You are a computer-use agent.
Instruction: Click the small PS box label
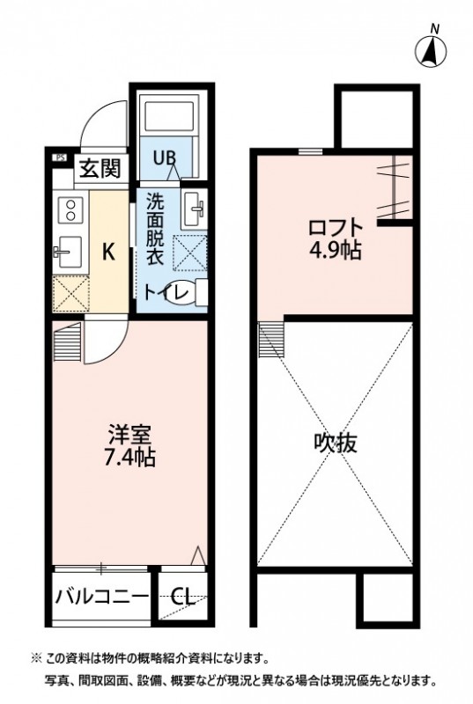[x=59, y=158]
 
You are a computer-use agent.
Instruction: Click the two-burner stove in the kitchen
[x=68, y=212]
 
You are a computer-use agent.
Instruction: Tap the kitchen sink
[x=68, y=250]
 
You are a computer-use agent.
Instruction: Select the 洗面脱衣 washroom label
[x=155, y=228]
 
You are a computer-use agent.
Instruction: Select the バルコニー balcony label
[x=102, y=598]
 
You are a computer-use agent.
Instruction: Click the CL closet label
[x=183, y=598]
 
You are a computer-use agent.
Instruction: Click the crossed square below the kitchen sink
[x=69, y=291]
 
